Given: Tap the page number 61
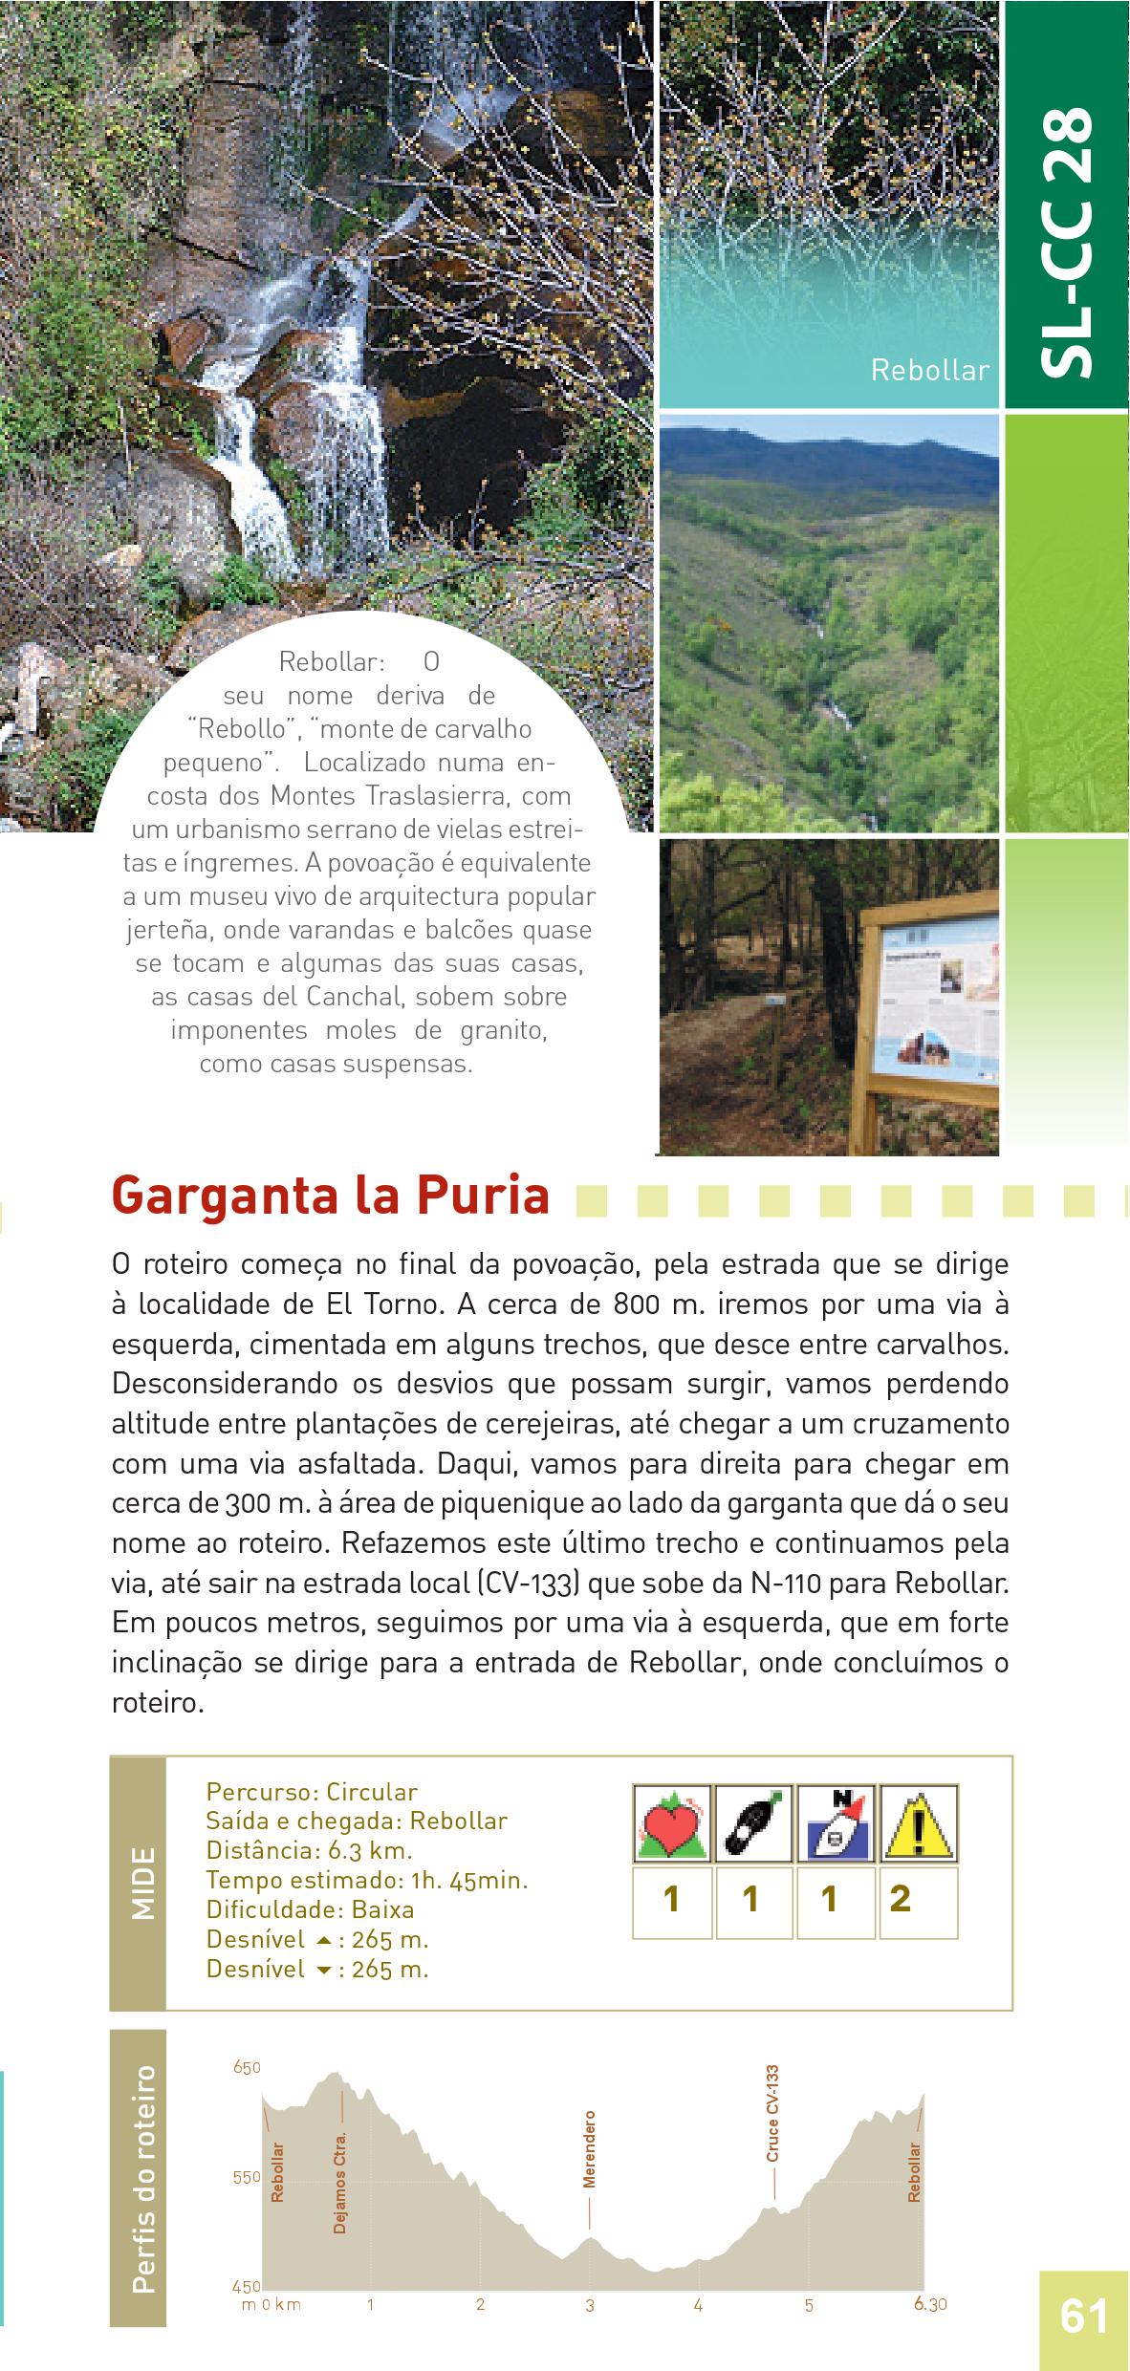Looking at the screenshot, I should tap(1083, 2317).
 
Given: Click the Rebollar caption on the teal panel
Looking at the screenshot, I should tap(929, 371).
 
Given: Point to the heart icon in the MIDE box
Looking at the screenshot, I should tap(672, 1822).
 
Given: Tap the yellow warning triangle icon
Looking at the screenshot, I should tap(919, 1822).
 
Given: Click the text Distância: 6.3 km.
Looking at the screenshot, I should tap(309, 1850).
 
